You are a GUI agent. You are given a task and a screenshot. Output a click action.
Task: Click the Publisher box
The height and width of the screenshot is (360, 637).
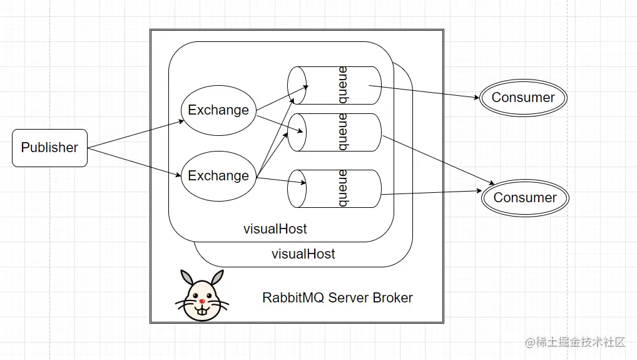(49, 148)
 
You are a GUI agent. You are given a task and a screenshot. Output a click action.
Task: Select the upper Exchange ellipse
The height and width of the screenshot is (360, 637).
(218, 110)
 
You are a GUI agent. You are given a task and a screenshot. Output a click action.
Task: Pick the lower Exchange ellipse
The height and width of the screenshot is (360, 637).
(218, 176)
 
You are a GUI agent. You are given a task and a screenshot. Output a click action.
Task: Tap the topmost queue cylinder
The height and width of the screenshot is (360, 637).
(335, 85)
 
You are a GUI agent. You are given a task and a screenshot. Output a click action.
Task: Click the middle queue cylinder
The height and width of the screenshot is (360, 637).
(335, 132)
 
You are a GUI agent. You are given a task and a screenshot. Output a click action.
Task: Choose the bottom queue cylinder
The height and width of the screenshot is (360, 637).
(335, 188)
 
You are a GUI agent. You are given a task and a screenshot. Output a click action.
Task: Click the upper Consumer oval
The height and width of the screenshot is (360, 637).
(523, 98)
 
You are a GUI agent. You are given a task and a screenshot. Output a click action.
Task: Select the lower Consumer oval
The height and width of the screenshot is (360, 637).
(525, 198)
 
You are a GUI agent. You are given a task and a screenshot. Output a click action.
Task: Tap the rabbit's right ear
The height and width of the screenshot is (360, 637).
(217, 278)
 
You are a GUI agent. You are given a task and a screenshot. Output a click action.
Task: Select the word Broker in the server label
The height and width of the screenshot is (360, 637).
(393, 297)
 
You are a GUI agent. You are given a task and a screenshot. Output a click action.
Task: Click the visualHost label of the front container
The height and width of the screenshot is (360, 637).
(275, 229)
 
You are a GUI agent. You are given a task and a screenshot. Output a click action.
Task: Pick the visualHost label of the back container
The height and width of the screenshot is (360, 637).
(303, 254)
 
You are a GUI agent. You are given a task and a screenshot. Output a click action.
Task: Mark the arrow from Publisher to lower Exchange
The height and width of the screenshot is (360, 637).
(135, 162)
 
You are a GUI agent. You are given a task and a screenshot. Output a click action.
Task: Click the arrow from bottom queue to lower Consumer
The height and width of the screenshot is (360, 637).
(432, 193)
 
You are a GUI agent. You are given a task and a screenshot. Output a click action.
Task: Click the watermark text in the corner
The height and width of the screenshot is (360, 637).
(576, 342)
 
